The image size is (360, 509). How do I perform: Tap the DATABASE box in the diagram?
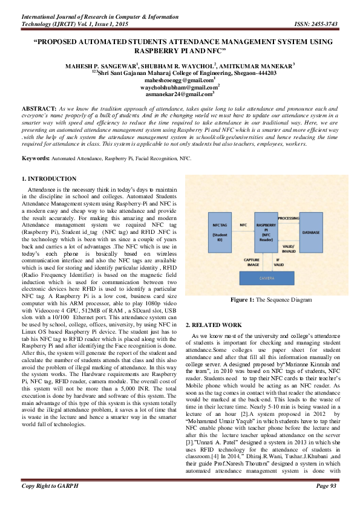click(311, 232)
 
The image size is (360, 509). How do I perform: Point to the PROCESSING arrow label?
click(289, 217)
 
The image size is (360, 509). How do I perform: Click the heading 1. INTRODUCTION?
click(49, 179)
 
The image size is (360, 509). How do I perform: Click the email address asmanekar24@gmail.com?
click(180, 94)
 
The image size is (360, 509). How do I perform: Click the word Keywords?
click(35, 141)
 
